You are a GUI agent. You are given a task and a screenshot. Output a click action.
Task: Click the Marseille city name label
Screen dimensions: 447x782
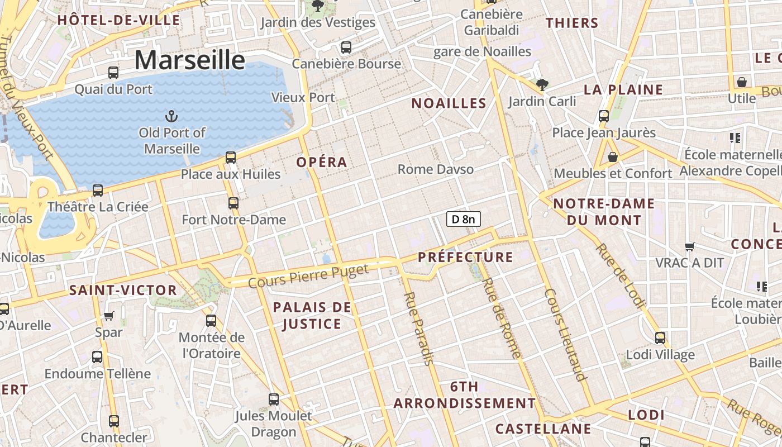coord(189,60)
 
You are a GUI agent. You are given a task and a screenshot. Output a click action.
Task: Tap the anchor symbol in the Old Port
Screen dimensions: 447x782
coord(171,116)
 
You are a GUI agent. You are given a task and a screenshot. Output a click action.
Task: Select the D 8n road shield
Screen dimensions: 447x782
coord(463,219)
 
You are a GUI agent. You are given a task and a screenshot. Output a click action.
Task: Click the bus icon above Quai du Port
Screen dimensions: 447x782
coord(113,72)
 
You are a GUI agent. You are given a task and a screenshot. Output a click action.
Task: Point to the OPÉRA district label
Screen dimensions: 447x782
coord(322,162)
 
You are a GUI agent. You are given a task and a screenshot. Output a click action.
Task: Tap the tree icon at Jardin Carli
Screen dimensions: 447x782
coord(541,85)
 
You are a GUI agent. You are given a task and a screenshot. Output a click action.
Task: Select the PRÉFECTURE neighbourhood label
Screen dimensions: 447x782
coord(465,257)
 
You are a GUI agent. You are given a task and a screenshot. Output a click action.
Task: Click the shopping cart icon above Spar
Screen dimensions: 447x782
coord(109,316)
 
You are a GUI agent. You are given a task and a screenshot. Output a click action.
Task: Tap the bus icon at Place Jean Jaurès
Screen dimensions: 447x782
coord(604,116)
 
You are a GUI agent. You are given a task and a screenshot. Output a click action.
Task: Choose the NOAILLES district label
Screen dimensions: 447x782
coord(449,103)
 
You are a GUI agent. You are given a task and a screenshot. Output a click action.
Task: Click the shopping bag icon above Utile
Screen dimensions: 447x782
coord(742,83)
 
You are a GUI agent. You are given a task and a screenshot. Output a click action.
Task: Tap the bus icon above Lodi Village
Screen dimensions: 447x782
coord(660,338)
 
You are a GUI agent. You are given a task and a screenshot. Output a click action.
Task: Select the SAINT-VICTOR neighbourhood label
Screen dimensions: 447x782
coord(123,290)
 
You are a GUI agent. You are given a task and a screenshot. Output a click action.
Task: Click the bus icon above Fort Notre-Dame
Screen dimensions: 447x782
coord(233,203)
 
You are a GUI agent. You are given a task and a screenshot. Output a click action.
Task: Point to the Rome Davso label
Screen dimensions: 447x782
coord(436,169)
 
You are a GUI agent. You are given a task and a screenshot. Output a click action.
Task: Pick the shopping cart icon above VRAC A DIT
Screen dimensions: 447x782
coord(690,246)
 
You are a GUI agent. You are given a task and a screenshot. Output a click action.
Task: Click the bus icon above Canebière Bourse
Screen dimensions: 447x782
coord(346,47)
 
